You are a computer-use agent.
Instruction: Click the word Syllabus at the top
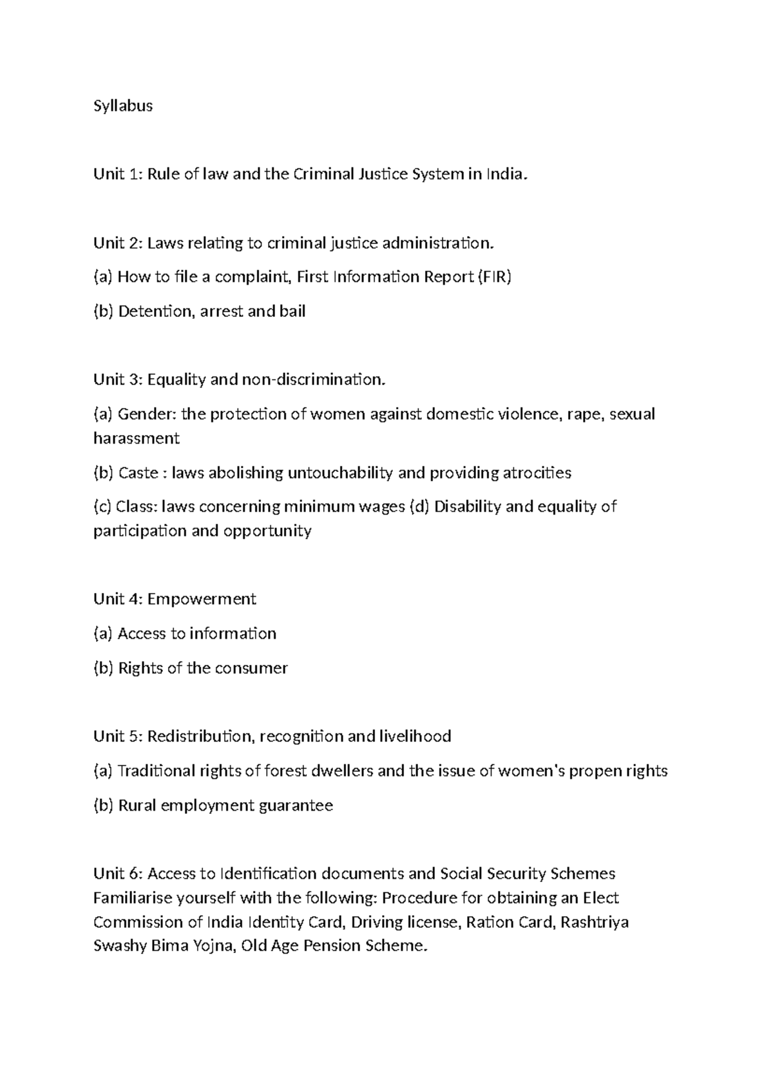click(123, 106)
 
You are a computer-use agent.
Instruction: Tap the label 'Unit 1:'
click(118, 174)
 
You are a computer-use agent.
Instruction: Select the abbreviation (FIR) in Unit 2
click(494, 277)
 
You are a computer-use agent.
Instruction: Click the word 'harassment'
click(136, 438)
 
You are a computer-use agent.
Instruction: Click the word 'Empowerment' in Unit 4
click(202, 599)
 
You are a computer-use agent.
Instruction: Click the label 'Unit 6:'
click(118, 874)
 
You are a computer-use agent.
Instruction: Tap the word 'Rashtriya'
click(595, 923)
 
